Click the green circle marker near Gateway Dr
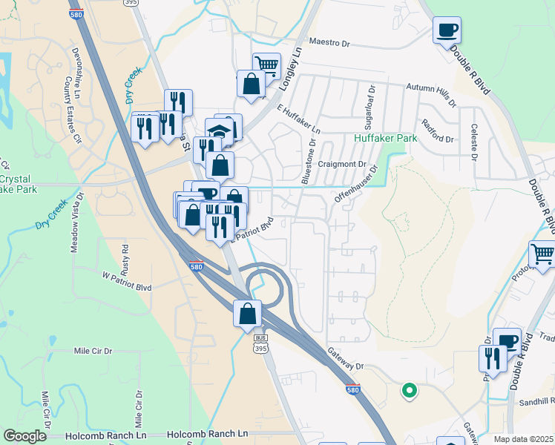point(408,389)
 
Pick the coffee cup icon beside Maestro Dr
point(447,31)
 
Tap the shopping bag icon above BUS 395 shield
point(248,313)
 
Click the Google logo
point(25,436)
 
